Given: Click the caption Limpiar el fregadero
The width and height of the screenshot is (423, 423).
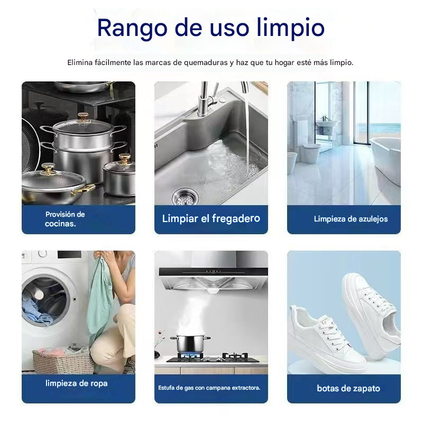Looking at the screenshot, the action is pos(211,218).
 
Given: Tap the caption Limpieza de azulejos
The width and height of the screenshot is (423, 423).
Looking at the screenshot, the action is pos(351,219).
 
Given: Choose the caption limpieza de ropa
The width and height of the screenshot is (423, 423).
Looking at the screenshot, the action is pos(76,383).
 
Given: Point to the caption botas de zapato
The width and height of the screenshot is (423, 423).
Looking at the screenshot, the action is pos(348,388).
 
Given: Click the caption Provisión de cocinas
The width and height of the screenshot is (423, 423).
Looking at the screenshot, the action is pos(65,219).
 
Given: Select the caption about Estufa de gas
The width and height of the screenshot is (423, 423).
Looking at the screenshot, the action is pos(209,388).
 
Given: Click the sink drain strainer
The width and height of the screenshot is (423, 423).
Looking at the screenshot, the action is pos(185,196).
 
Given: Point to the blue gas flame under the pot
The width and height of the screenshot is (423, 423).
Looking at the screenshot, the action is pos(190,355).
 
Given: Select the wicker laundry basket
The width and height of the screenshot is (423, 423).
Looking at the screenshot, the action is pos(63,361).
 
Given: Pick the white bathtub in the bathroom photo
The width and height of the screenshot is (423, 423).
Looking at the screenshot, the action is pos(385,160).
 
